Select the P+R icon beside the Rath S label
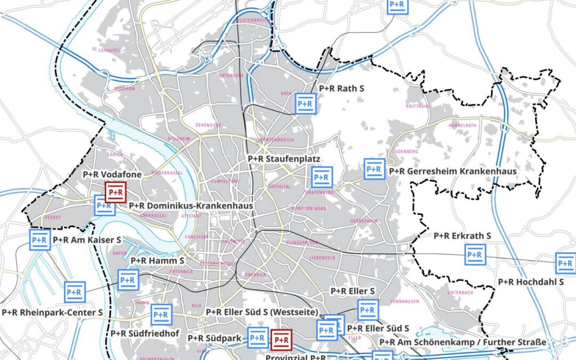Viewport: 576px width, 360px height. click(x=306, y=103)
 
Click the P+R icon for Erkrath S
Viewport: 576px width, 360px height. click(x=475, y=254)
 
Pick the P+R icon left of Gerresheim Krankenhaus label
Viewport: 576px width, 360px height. click(x=374, y=169)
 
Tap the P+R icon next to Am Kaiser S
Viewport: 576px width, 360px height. click(x=40, y=240)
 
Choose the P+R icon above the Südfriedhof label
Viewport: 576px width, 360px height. click(x=161, y=315)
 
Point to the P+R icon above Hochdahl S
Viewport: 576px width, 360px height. click(x=566, y=263)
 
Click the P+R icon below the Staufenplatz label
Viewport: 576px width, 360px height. click(x=322, y=177)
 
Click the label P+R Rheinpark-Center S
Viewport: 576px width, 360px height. click(x=52, y=313)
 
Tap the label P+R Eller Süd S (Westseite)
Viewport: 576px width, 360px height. click(x=262, y=312)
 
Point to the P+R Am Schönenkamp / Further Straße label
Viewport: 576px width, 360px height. click(x=462, y=342)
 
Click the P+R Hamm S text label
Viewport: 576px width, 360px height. click(x=157, y=261)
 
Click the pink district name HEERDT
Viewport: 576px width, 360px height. click(x=53, y=218)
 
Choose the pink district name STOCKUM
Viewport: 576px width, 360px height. click(x=124, y=89)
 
